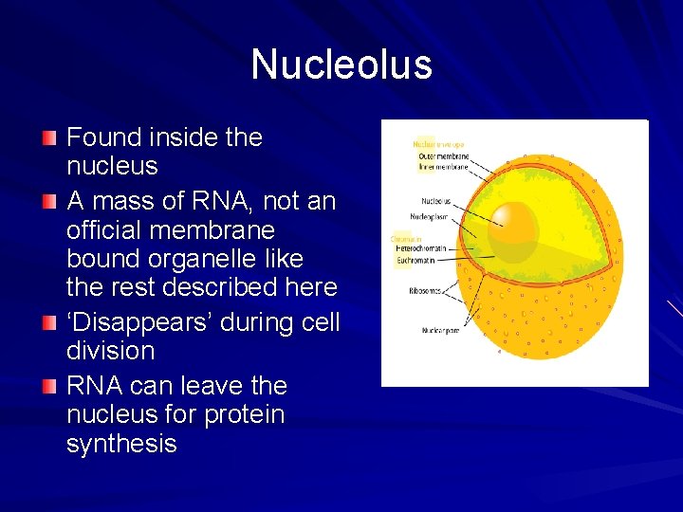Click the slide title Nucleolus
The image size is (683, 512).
[x=341, y=64]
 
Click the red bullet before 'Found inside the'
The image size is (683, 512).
[x=49, y=139]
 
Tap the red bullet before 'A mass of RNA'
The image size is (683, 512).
[x=49, y=203]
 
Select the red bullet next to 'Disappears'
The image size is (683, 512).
[x=49, y=324]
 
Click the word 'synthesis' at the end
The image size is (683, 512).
[x=121, y=444]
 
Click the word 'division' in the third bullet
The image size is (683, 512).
[x=110, y=351]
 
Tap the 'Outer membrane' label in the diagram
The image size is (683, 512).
[x=443, y=155]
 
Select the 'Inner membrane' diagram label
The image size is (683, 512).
[x=443, y=166]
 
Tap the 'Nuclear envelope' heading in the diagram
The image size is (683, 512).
[x=437, y=144]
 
